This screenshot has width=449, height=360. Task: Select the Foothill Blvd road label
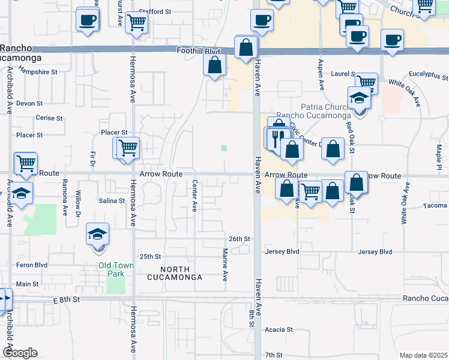click(x=198, y=52)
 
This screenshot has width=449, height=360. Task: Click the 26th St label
click(x=238, y=239)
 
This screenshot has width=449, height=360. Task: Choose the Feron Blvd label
click(x=32, y=264)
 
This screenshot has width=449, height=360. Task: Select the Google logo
click(x=20, y=353)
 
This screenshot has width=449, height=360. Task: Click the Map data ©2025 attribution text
click(x=423, y=355)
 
